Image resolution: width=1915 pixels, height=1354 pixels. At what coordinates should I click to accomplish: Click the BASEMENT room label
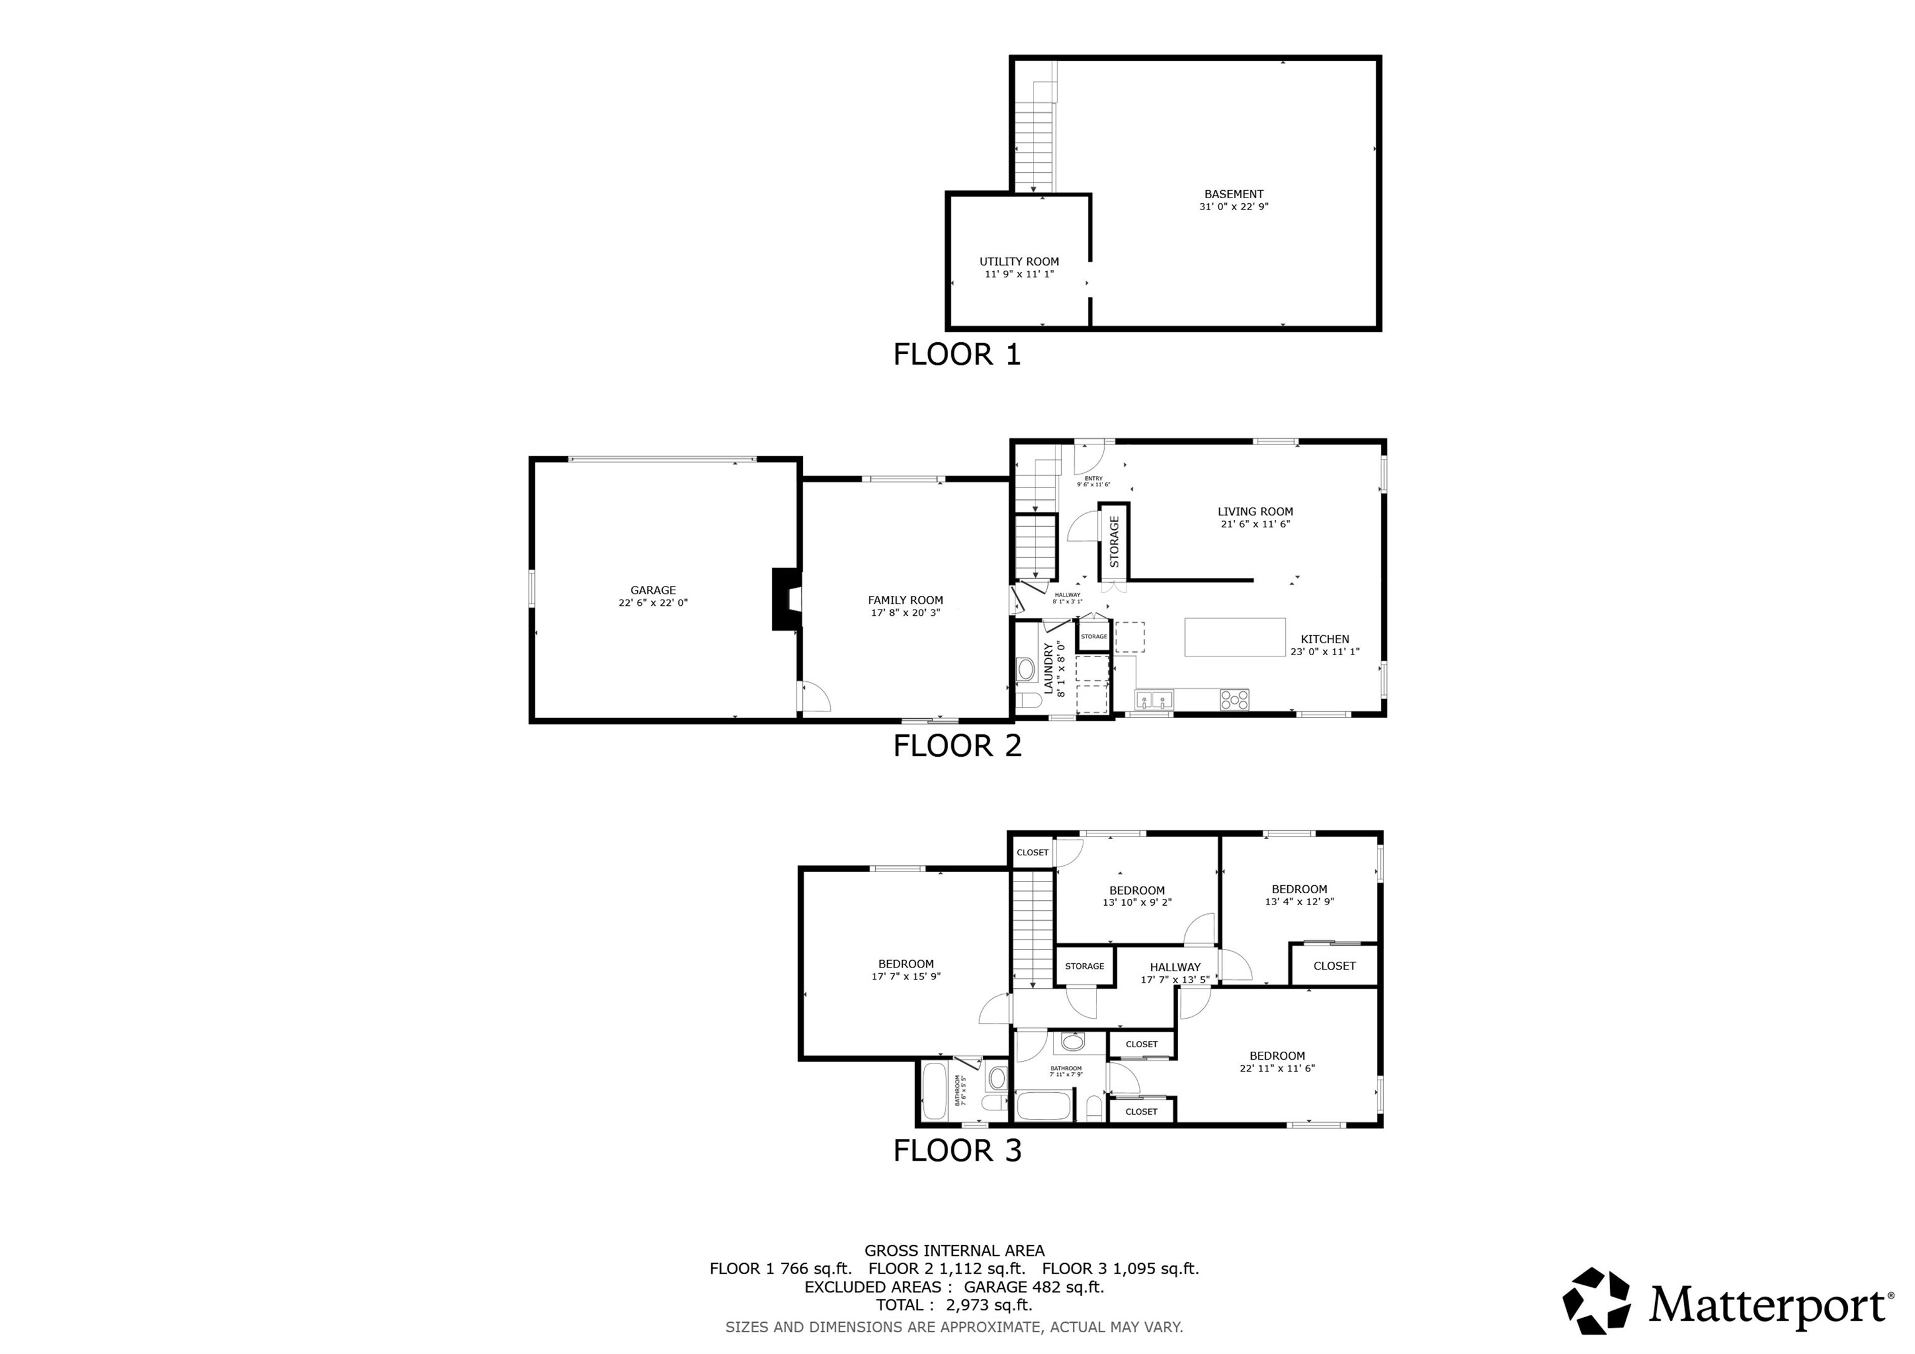point(1234,193)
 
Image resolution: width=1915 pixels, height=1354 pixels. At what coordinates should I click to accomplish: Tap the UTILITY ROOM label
point(1019,261)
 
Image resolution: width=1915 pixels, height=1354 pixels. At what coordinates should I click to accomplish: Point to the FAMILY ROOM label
point(905,600)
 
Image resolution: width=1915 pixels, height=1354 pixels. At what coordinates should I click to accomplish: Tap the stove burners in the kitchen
point(1234,699)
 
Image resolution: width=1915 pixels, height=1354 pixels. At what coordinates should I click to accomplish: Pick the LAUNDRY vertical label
point(1049,669)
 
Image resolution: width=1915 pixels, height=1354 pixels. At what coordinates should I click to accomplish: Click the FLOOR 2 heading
point(957,746)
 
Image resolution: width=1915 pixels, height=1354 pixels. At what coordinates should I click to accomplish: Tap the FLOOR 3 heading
point(957,1150)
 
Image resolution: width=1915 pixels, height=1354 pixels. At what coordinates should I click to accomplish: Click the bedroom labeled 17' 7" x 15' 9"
point(906,969)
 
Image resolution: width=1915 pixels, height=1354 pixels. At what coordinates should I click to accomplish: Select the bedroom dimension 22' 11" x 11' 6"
point(1277,1068)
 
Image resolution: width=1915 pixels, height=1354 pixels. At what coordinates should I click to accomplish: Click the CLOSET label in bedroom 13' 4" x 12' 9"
point(1333,965)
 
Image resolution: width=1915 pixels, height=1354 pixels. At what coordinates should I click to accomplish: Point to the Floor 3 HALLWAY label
point(1174,967)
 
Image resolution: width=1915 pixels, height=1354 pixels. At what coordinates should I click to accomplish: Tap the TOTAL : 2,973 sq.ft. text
point(953,1305)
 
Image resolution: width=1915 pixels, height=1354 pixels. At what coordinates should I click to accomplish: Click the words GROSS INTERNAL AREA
point(953,1251)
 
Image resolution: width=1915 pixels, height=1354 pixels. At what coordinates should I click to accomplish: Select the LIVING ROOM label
point(1254,511)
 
